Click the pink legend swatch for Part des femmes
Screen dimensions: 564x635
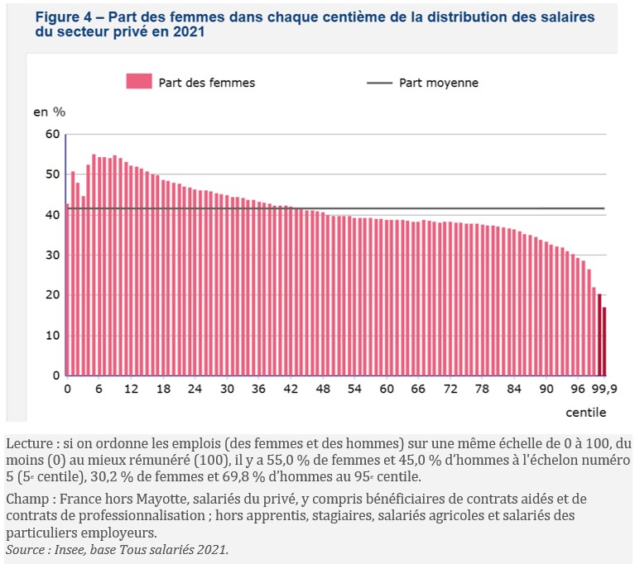tap(139, 81)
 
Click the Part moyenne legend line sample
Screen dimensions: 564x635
tap(378, 83)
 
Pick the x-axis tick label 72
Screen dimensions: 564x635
tap(450, 390)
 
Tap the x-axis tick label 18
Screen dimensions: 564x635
tap(163, 390)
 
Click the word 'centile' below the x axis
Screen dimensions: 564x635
tap(586, 411)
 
